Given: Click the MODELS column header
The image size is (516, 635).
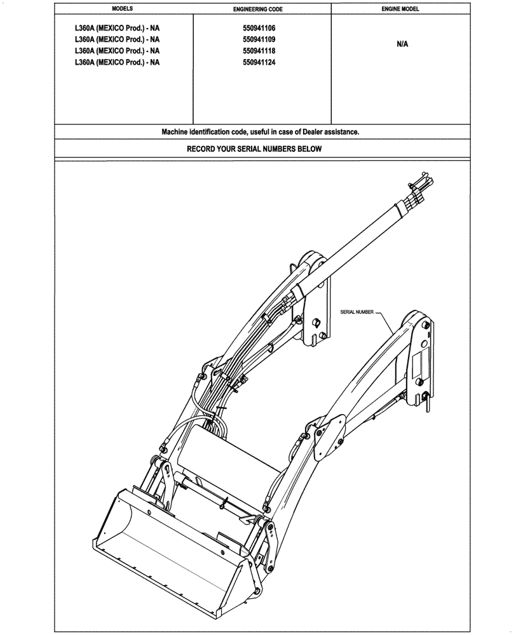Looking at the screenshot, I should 122,10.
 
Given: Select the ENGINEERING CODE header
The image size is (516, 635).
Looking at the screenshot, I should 262,10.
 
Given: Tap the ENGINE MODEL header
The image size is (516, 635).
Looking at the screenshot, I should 400,10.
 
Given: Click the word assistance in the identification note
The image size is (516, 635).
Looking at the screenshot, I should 342,132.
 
